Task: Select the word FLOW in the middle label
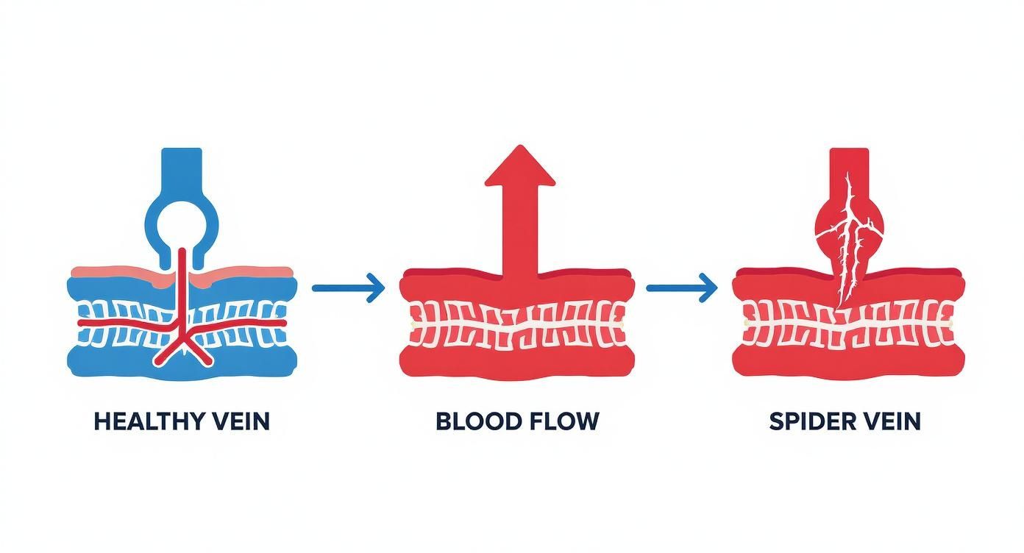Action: pos(563,421)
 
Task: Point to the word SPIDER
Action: pos(809,421)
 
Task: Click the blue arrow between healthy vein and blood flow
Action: pos(348,288)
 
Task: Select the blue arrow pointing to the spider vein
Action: pos(681,288)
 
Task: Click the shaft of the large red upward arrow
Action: pos(519,228)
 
